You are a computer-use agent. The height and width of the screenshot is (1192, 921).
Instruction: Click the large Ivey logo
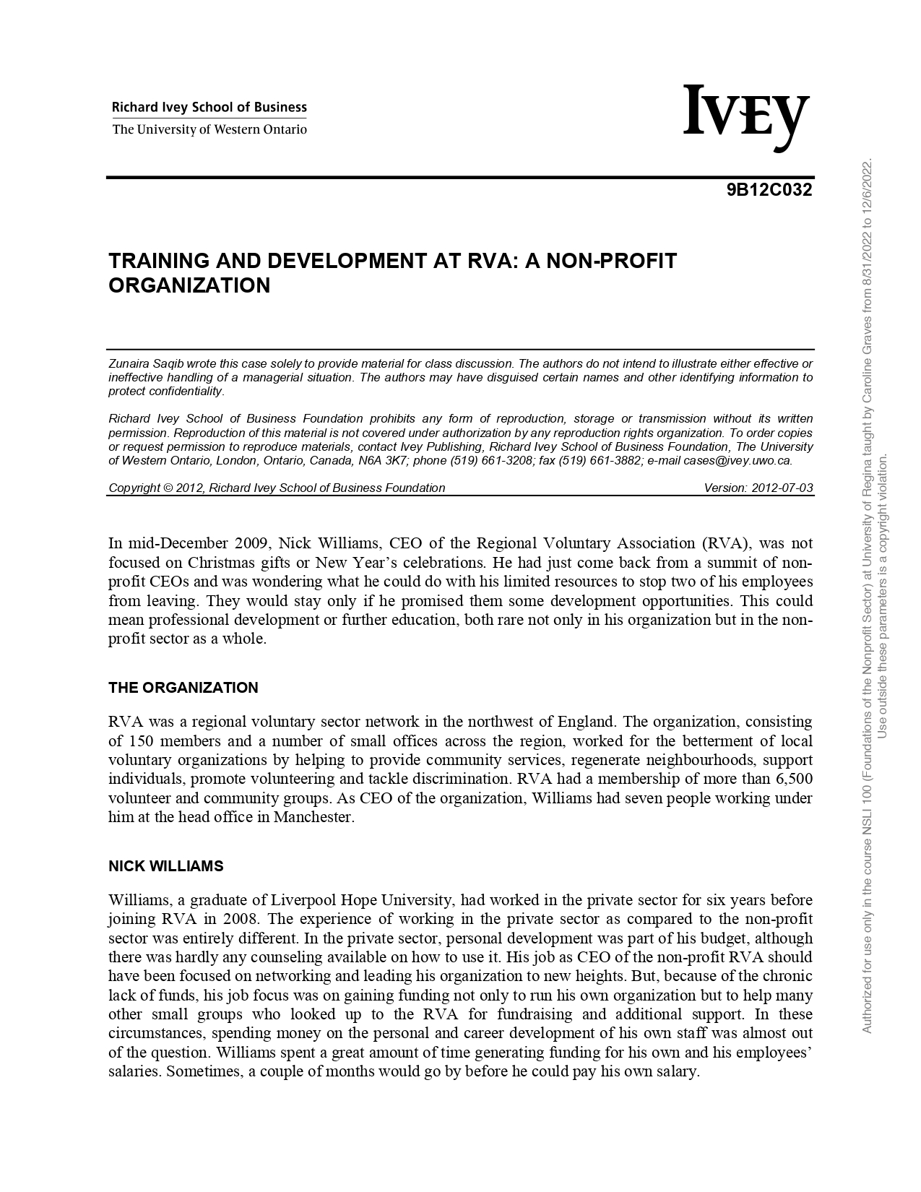745,116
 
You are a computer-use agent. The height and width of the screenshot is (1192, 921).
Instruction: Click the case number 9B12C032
769,190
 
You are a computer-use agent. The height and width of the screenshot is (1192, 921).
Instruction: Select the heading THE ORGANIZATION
183,688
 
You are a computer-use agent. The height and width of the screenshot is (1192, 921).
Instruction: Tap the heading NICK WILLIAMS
165,866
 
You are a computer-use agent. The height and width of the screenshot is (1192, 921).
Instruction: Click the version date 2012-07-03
782,488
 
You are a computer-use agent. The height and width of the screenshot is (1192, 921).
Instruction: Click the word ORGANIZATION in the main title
189,285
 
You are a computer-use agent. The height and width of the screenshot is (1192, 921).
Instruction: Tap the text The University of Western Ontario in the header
209,130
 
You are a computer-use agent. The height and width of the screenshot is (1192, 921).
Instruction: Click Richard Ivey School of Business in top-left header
209,108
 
